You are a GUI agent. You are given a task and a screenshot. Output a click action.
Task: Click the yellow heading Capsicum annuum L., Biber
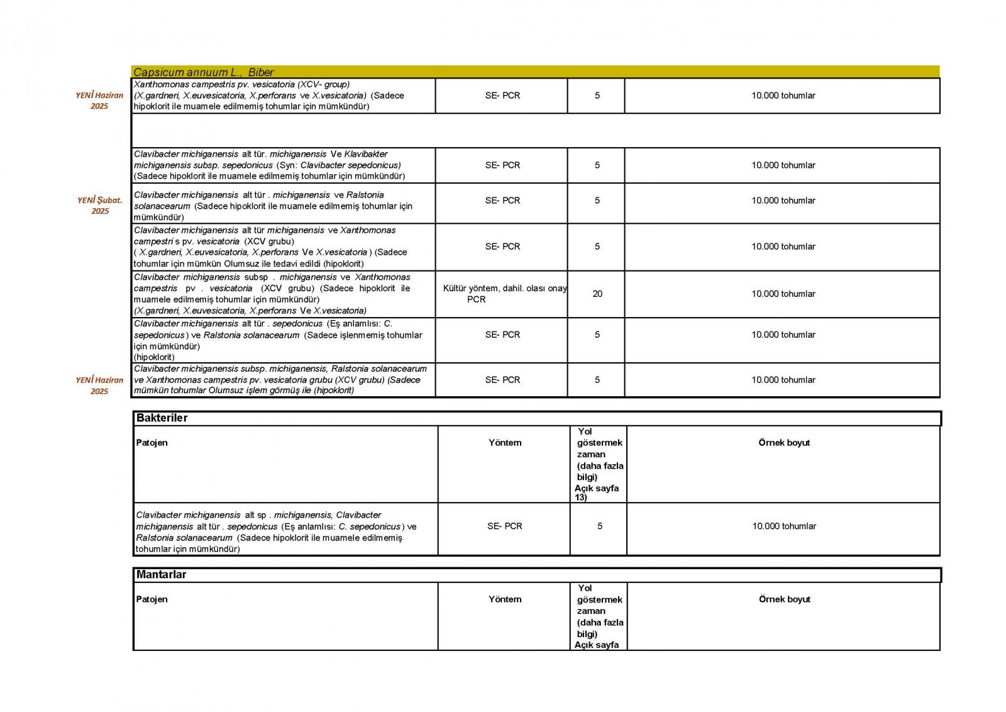204,72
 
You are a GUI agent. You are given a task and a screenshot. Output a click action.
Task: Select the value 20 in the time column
597,294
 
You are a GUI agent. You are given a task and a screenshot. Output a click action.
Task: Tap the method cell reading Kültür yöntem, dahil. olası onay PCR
504,294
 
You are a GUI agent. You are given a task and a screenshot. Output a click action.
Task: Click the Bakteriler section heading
162,418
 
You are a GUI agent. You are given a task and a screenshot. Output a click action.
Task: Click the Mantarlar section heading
162,575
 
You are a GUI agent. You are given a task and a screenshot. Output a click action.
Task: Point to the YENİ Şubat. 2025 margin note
100,206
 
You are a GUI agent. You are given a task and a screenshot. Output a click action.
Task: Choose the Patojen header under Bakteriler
152,443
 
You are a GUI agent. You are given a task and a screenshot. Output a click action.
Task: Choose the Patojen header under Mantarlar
152,599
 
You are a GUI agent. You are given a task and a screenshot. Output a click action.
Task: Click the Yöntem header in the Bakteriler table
505,443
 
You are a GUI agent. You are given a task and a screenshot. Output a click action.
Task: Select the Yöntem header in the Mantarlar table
505,599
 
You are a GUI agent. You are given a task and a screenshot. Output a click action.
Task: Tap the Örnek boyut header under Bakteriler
784,443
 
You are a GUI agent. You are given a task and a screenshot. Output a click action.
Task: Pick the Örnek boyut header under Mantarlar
784,599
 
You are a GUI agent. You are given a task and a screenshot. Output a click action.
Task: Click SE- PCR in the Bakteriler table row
504,526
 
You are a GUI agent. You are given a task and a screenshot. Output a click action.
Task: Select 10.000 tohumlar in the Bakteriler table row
784,526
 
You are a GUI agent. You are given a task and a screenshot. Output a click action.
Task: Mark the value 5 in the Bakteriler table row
600,526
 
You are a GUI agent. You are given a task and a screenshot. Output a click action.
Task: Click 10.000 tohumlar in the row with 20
783,294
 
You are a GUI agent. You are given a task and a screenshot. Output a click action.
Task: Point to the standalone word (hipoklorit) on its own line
154,357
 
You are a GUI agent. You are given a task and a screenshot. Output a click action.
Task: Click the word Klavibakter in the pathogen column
366,154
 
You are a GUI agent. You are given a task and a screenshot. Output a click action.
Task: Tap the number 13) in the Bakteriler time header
580,498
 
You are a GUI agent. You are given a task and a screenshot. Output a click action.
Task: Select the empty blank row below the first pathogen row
534,131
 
